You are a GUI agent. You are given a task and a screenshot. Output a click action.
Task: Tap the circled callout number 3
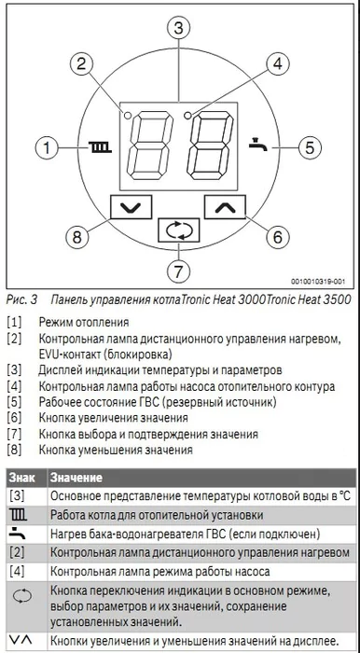(179, 27)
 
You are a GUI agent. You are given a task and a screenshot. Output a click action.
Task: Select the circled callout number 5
(312, 146)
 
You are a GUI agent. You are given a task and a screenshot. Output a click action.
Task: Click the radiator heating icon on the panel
(98, 147)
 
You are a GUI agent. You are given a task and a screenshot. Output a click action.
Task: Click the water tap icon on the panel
(258, 146)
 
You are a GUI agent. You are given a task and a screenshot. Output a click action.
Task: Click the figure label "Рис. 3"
(21, 300)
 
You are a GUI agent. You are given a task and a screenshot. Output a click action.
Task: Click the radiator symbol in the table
(18, 514)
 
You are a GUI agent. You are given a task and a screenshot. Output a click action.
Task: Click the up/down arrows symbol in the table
(18, 640)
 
